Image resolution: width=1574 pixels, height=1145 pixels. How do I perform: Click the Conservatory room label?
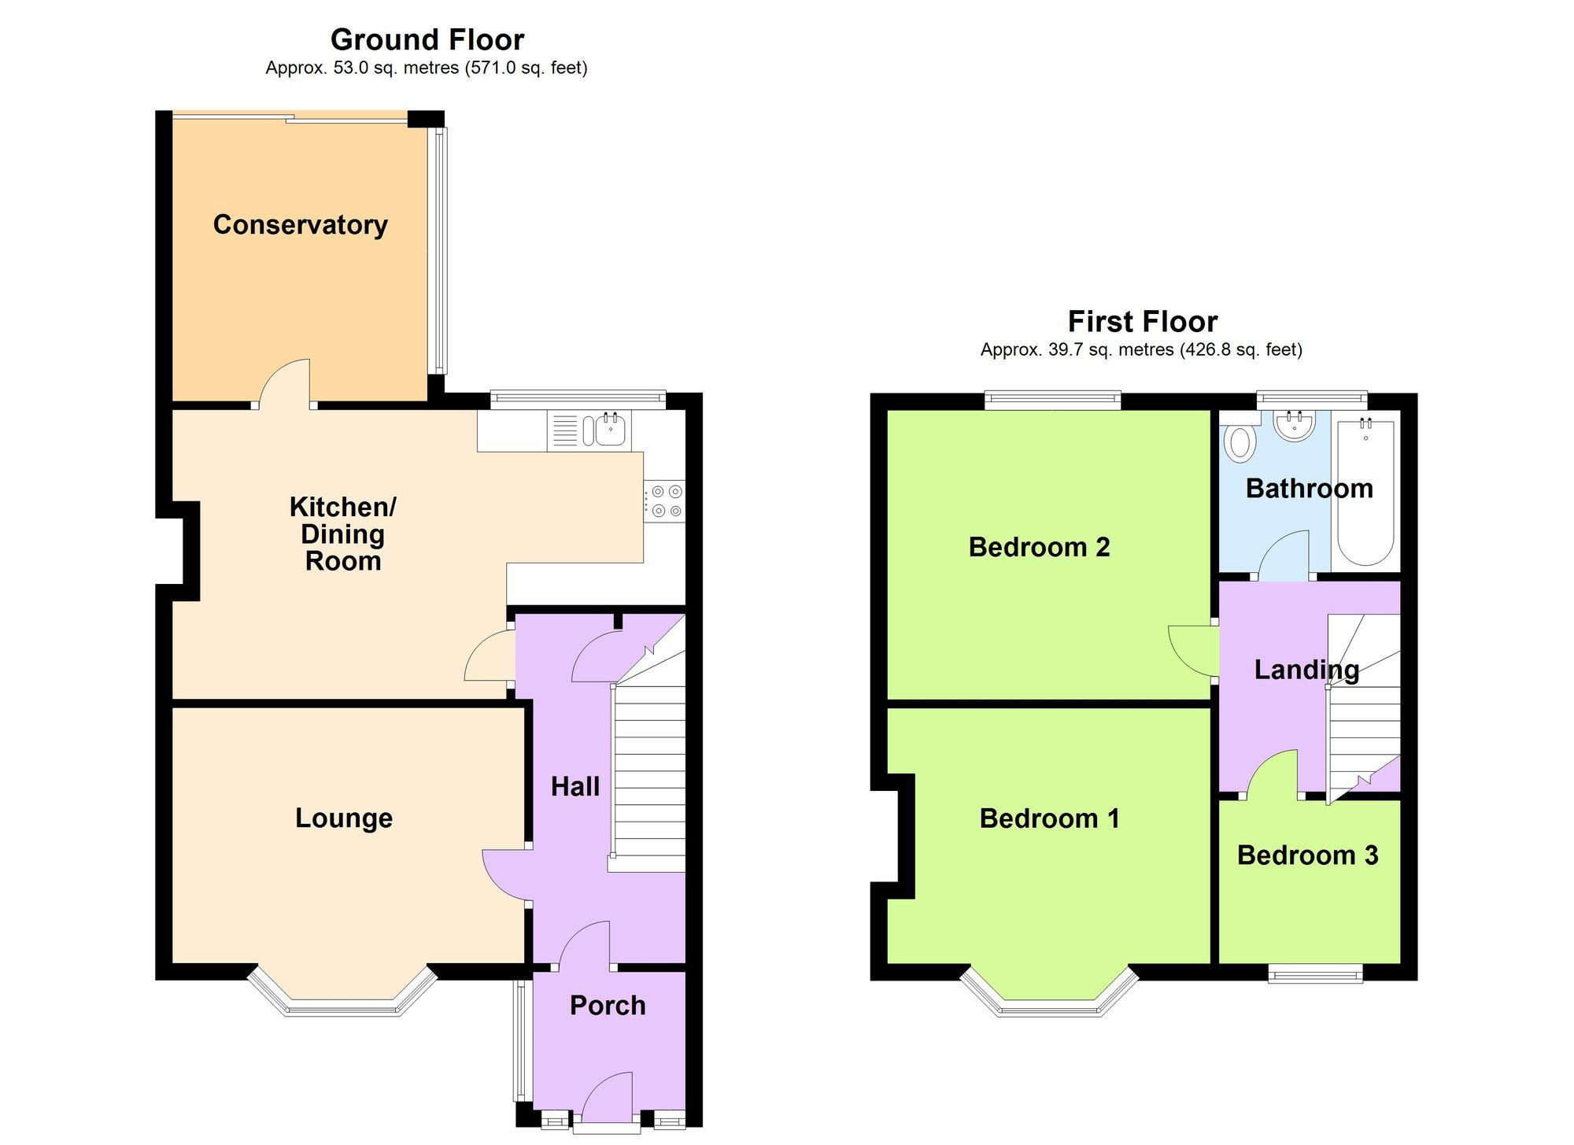click(300, 225)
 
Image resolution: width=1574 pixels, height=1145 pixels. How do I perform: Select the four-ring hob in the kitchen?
click(666, 501)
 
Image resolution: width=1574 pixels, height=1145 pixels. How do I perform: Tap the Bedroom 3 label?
click(1307, 855)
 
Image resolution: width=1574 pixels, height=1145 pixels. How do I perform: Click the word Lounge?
click(344, 818)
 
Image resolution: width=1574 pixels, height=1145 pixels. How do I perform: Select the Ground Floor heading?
click(427, 39)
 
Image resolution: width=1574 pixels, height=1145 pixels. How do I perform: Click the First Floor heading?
click(1142, 321)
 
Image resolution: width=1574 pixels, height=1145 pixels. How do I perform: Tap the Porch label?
click(608, 1006)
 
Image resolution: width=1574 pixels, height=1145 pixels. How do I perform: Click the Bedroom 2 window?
click(1052, 400)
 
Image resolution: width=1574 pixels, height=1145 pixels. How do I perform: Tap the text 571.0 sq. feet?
click(527, 68)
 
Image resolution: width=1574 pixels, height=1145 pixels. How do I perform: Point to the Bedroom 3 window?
click(1315, 975)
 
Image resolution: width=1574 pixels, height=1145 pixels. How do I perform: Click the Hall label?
click(575, 787)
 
